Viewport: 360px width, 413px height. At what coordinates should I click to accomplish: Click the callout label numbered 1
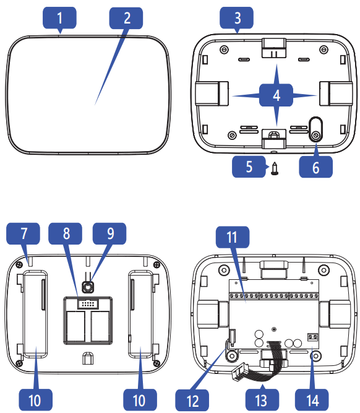(60, 18)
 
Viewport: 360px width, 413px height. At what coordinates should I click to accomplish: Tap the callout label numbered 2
(127, 18)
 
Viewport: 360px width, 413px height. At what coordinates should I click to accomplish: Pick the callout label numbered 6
(315, 168)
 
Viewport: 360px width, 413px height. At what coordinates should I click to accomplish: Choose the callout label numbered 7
(23, 235)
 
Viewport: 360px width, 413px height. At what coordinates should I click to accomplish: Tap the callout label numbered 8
(67, 235)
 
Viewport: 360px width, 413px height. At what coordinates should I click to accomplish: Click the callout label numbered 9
(109, 235)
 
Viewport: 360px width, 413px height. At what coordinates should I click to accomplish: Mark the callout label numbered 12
(193, 396)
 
